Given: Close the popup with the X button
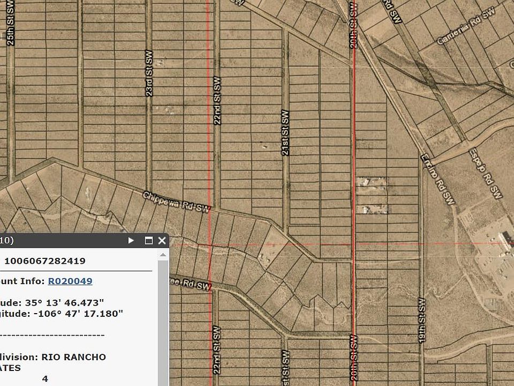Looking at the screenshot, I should [x=162, y=241].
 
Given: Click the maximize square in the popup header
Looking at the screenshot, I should [x=149, y=241].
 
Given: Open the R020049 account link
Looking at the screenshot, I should [x=70, y=281].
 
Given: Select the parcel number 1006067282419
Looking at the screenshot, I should [x=45, y=261].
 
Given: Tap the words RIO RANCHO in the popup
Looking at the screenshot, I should [x=73, y=357].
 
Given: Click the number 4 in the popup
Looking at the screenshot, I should [x=45, y=378].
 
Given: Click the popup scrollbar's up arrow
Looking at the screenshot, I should [x=163, y=255].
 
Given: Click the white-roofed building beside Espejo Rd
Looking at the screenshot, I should [x=504, y=239].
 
